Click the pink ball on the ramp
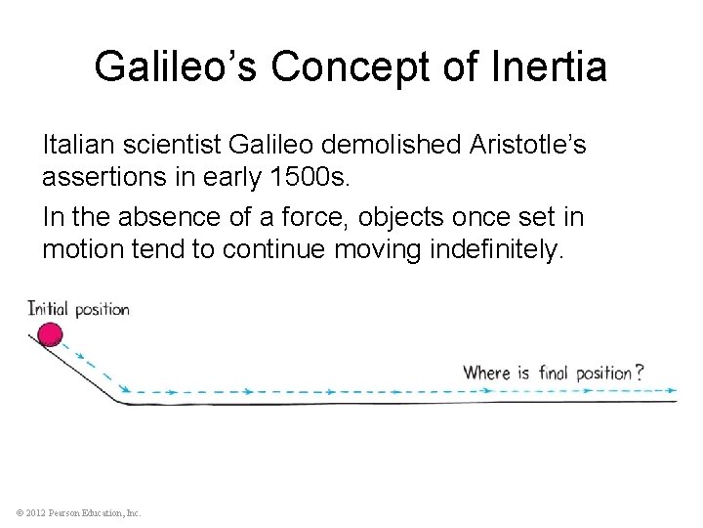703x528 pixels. coord(49,336)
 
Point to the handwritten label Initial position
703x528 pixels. coord(78,309)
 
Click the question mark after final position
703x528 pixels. coord(640,373)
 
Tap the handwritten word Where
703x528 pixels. coord(487,373)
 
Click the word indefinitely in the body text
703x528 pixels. coord(497,249)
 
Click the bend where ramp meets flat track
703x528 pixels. coord(122,400)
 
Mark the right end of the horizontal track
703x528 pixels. coord(675,401)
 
